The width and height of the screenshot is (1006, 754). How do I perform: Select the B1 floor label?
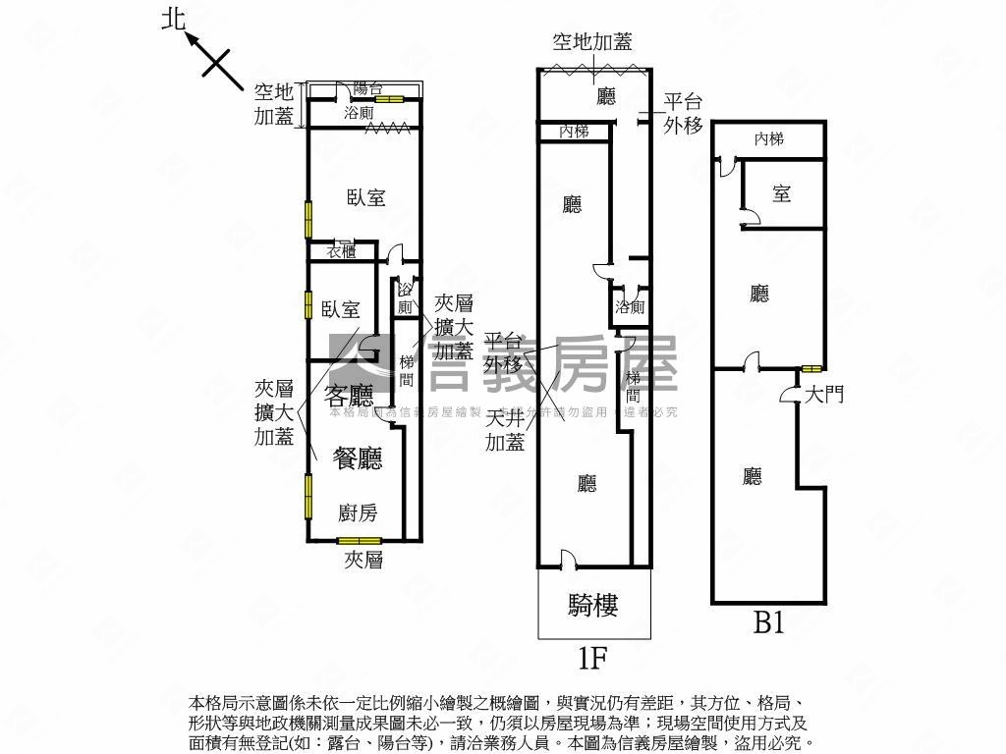(768, 622)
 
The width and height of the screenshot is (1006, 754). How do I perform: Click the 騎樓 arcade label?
(593, 605)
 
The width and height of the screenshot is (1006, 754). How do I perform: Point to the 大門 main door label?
(823, 395)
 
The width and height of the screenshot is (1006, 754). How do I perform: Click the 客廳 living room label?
(349, 396)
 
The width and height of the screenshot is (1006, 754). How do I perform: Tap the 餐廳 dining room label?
(357, 458)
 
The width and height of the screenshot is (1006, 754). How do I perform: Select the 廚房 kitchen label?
(357, 512)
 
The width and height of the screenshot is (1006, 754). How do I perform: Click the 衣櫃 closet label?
(342, 251)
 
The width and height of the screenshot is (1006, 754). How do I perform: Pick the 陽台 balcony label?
(367, 88)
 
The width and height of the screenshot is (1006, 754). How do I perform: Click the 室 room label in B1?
(781, 193)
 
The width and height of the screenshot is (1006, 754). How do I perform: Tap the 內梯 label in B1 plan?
(769, 139)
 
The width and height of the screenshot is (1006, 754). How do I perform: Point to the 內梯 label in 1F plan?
(574, 131)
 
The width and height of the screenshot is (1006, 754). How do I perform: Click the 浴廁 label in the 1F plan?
(630, 307)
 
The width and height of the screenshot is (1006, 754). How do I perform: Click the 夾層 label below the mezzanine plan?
(363, 561)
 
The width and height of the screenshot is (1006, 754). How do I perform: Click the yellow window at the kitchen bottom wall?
(359, 541)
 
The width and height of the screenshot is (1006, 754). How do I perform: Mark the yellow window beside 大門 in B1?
(810, 369)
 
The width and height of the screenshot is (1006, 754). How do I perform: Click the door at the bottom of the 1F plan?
(567, 561)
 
